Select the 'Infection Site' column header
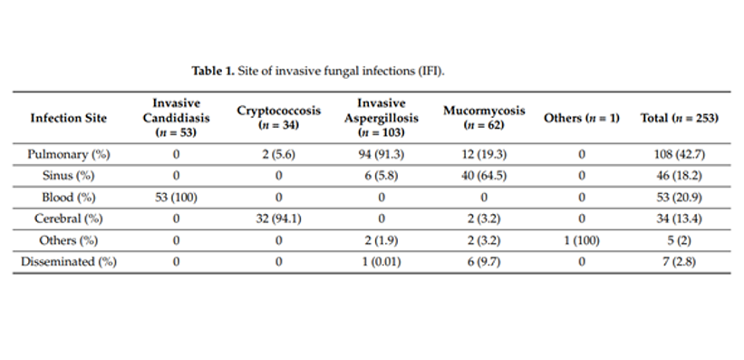click(x=68, y=118)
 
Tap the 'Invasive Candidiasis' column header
click(x=177, y=118)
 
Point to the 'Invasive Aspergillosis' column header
click(x=381, y=118)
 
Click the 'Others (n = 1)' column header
click(x=582, y=118)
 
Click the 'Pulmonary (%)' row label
click(x=68, y=154)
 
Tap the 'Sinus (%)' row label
click(x=68, y=176)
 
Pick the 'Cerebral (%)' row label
click(x=68, y=219)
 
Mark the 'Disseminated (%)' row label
click(x=68, y=261)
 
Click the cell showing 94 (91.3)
click(x=381, y=154)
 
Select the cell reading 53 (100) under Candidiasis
click(x=177, y=197)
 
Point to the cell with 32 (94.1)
click(x=278, y=219)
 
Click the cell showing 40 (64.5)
click(x=483, y=176)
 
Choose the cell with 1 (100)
click(x=582, y=240)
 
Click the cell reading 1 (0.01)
click(x=381, y=261)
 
